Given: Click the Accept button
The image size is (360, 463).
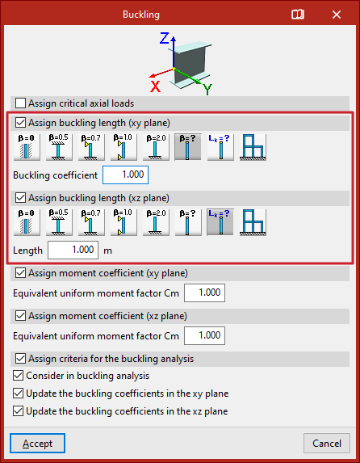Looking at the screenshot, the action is tap(37, 444).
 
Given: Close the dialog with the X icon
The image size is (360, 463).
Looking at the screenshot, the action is tap(337, 15).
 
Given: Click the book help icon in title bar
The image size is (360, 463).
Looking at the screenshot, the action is tap(298, 15).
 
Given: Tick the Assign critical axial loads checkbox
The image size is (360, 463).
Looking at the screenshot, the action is tap(20, 103).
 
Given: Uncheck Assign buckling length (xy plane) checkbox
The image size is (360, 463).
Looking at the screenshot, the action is tap(20, 123).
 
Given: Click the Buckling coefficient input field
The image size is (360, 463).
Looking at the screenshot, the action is tap(125, 175).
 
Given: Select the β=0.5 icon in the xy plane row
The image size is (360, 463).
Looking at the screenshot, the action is tap(59, 147).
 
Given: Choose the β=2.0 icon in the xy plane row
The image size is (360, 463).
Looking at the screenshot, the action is tap(156, 147).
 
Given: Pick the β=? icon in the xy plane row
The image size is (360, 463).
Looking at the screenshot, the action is tap(188, 147).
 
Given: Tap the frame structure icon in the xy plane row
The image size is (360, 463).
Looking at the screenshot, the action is tap(253, 147).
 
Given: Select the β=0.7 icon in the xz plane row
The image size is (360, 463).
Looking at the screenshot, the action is tap(91, 222).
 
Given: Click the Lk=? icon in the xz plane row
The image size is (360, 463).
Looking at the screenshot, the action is tap(220, 222).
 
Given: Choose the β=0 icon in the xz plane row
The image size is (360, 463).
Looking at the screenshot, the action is tap(27, 222).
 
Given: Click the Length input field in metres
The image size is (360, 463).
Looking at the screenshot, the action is tap(73, 250).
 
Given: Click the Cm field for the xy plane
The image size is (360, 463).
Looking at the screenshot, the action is tap(204, 293).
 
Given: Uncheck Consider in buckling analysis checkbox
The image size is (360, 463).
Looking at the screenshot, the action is tap(18, 376).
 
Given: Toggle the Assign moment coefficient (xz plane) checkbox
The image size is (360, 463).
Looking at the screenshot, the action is tap(20, 316).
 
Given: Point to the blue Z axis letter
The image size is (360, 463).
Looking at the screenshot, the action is tap(165, 39).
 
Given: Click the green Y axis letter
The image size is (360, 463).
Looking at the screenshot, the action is tap(207, 89).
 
